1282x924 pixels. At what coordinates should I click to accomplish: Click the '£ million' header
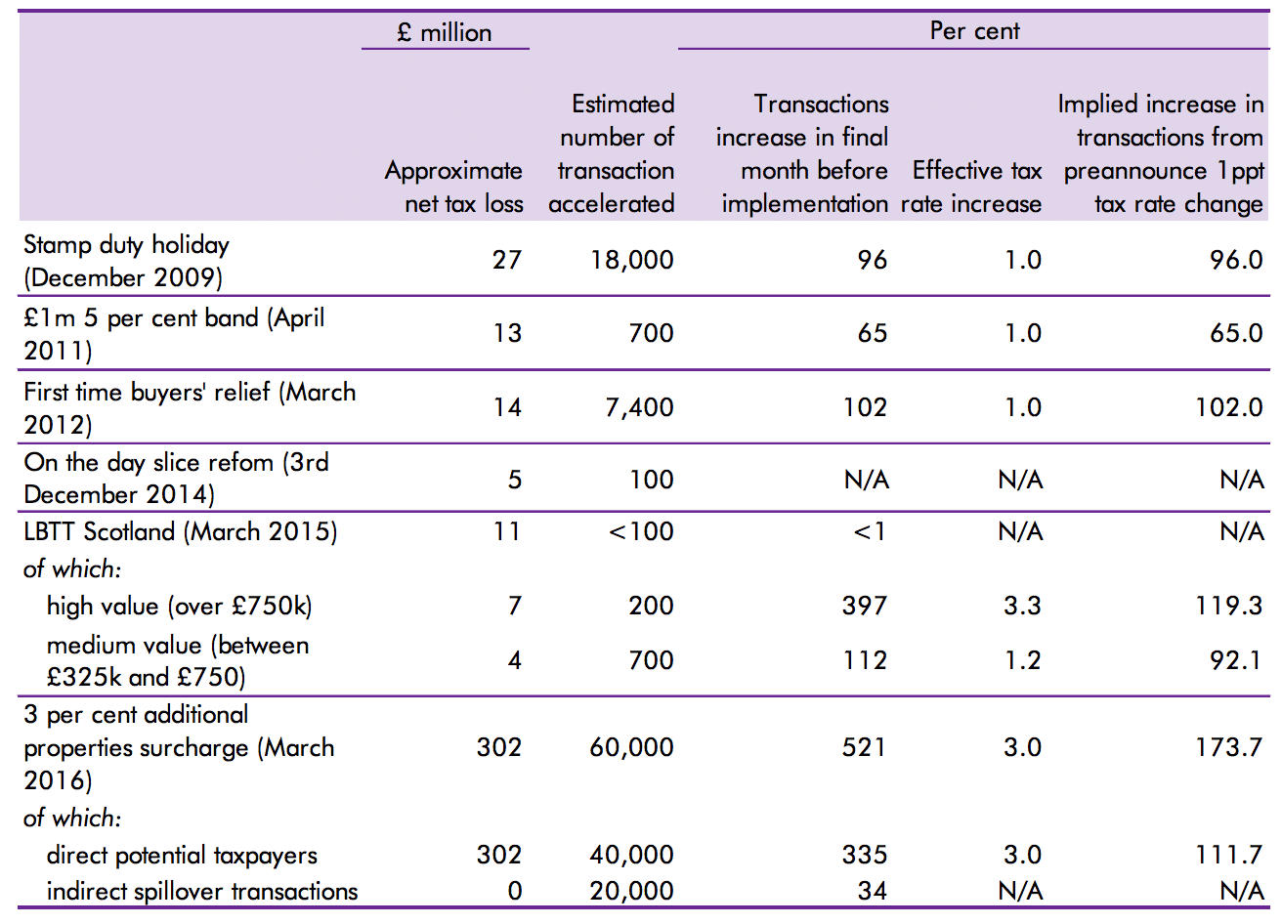(445, 32)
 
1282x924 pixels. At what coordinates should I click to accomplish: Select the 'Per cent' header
(974, 31)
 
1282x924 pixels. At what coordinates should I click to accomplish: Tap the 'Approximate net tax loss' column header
(453, 187)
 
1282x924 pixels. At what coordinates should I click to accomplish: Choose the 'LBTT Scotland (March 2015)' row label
(180, 532)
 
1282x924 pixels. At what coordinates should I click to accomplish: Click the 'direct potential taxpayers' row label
(182, 856)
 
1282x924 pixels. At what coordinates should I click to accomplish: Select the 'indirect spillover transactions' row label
(202, 892)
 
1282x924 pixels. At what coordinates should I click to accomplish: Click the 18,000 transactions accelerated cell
(632, 261)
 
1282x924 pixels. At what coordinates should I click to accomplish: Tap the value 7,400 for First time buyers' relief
(639, 407)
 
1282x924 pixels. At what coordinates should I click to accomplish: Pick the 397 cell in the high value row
(865, 607)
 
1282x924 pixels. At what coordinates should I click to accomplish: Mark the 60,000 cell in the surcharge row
(631, 748)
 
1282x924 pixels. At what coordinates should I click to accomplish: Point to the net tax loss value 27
(507, 261)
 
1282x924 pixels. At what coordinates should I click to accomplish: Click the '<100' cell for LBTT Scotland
(641, 532)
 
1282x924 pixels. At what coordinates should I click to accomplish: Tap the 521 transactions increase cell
(865, 748)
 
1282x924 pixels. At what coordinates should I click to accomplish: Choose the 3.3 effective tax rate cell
(1022, 607)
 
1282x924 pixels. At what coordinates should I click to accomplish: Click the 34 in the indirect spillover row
(873, 892)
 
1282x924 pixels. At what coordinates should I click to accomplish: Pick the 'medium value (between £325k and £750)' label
(177, 661)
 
